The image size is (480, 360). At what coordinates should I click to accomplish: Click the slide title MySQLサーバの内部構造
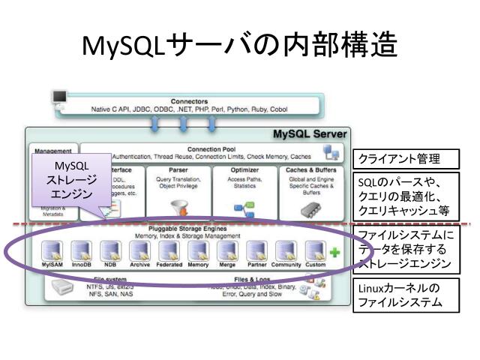[x=239, y=46]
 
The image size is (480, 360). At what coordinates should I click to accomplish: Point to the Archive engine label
[x=139, y=265]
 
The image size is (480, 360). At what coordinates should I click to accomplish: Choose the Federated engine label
[x=169, y=265]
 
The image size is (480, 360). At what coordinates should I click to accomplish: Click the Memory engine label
[x=198, y=265]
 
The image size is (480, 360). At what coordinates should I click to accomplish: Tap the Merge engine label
[x=227, y=265]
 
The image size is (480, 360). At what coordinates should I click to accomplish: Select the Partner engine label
[x=256, y=265]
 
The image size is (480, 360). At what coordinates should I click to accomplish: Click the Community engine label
[x=286, y=265]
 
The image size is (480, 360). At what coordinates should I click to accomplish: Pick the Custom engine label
[x=316, y=265]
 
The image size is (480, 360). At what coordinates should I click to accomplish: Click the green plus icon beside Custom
[x=334, y=253]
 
